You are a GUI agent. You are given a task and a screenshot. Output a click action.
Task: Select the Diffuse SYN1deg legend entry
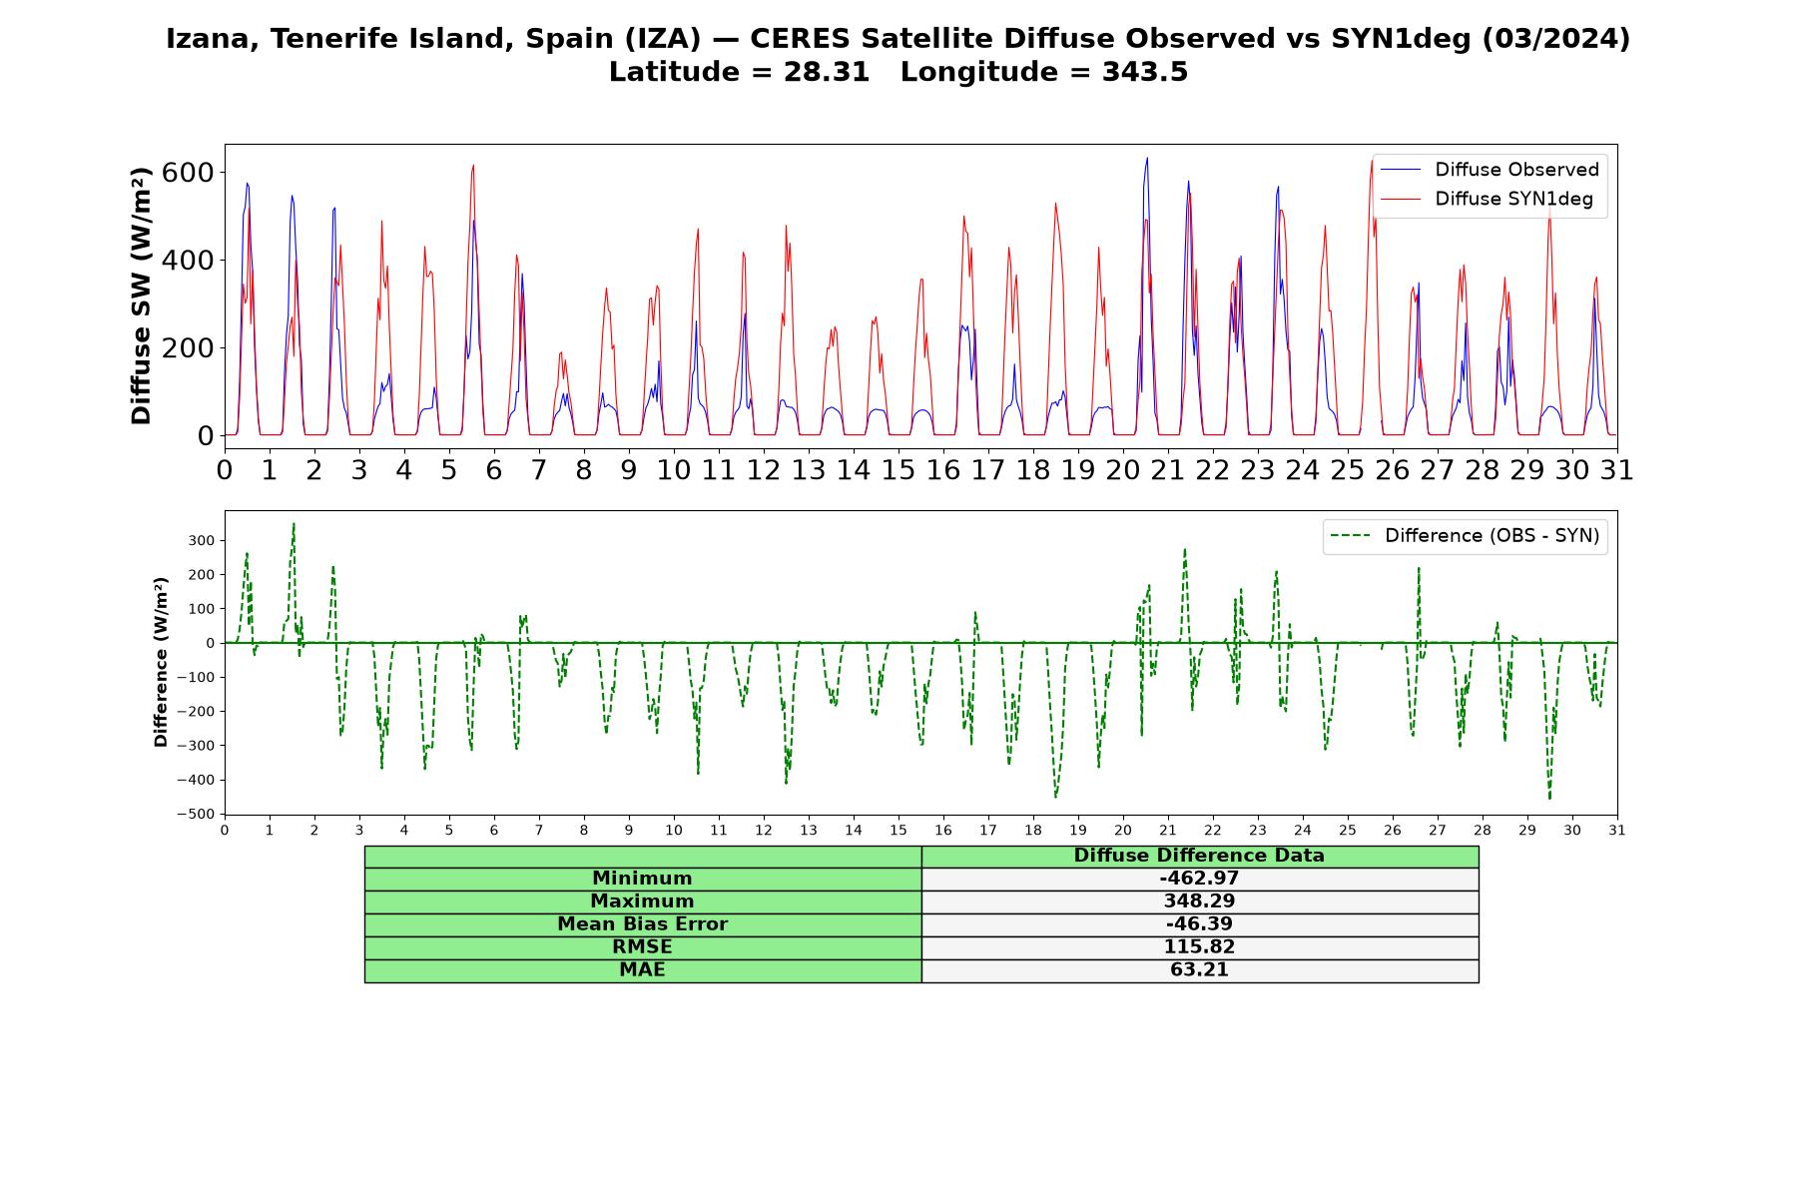1487,199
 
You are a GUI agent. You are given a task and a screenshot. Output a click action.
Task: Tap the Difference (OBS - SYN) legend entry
1465,536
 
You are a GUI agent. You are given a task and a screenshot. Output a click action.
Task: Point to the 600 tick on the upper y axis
188,173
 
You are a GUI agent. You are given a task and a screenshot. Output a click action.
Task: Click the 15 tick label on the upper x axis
898,469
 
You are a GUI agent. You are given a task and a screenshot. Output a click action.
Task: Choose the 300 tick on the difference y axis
202,540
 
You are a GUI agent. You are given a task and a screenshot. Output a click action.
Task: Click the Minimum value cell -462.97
1199,879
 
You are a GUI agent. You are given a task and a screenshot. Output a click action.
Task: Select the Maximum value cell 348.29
1199,901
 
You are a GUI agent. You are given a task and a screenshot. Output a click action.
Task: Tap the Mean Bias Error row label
642,924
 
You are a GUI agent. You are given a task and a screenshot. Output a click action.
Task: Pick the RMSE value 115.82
1199,947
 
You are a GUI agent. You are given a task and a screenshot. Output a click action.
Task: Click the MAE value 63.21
1199,970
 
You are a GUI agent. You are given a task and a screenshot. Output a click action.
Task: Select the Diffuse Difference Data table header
1199,856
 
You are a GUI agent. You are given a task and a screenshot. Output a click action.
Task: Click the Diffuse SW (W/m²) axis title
142,296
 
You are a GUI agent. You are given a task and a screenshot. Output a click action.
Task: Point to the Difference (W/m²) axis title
161,662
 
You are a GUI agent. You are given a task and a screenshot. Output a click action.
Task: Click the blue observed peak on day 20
1146,158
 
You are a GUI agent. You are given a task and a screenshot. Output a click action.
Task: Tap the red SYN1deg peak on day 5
473,166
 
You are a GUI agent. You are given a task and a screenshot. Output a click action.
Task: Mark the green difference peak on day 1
294,523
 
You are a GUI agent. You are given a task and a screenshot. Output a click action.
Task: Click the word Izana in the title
210,39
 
